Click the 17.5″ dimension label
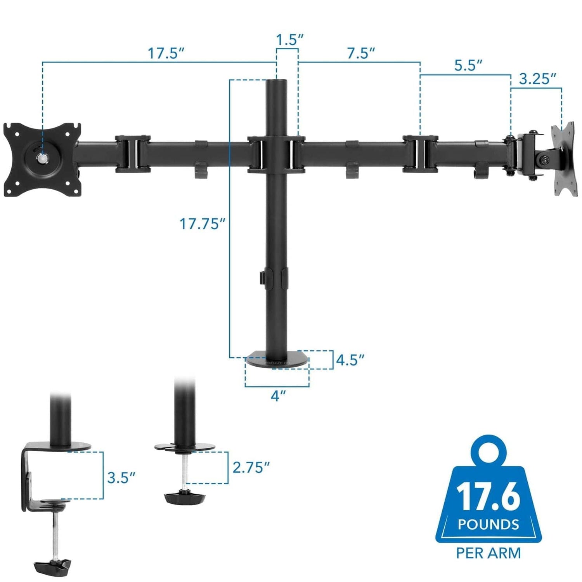coord(166,53)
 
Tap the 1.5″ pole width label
coord(289,40)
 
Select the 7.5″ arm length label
coord(361,53)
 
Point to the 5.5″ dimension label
coord(468,66)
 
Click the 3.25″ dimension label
coord(537,79)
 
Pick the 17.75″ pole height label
coord(202,224)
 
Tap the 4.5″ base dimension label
coord(350,360)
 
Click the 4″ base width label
coord(278,396)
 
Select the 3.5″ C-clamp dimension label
coord(121,478)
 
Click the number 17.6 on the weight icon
coord(488,497)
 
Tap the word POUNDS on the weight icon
coord(488,525)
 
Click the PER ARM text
coord(488,553)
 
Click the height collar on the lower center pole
coord(276,277)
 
